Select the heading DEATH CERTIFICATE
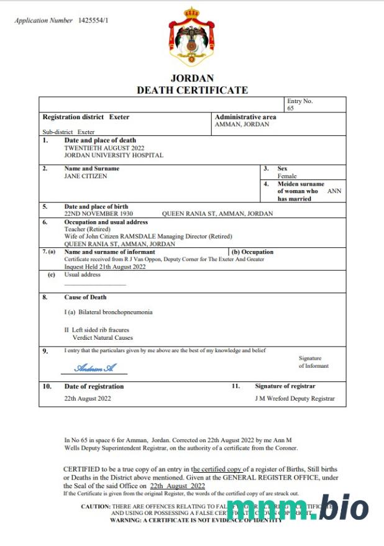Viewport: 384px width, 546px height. (x=192, y=90)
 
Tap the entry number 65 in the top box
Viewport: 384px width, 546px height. (x=290, y=108)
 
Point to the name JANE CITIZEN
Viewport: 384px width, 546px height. (x=86, y=176)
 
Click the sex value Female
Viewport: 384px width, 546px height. (x=287, y=176)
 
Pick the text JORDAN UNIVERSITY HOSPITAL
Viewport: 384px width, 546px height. (x=114, y=155)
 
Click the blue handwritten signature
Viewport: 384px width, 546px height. (x=95, y=368)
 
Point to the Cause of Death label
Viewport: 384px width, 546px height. (x=85, y=298)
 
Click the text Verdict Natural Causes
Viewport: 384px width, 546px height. (x=103, y=338)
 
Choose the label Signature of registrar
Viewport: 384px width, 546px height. (x=285, y=386)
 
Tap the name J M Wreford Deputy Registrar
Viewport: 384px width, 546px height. (x=295, y=398)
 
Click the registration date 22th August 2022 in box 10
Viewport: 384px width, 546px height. (x=88, y=398)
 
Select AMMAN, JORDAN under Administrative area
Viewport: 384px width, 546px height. (x=242, y=124)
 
